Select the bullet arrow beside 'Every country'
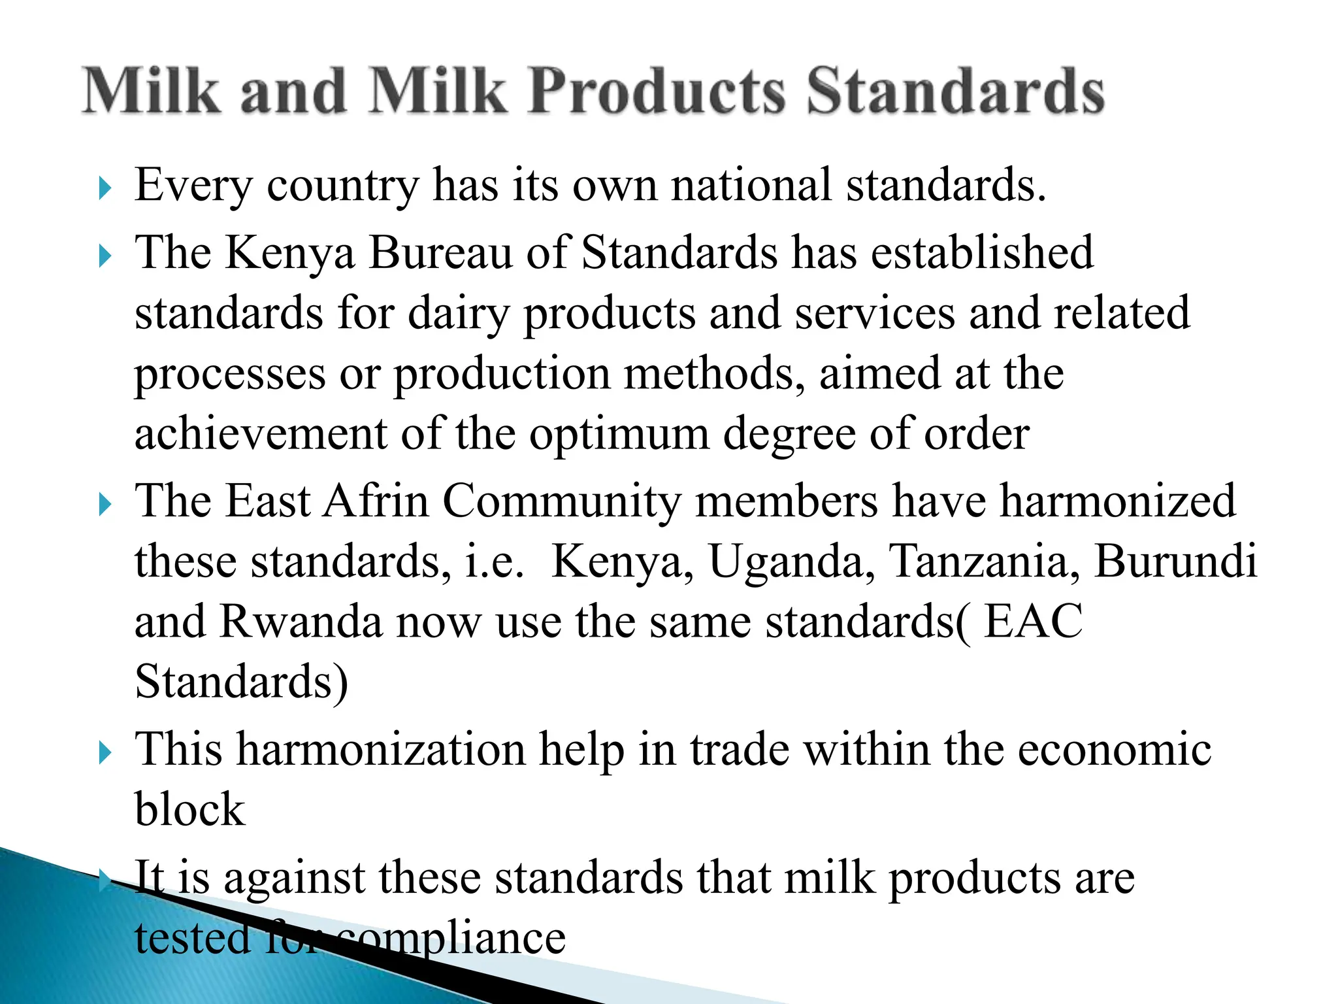[105, 189]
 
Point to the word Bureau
[440, 252]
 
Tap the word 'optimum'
[619, 434]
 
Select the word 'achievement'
[261, 434]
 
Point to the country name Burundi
[1175, 561]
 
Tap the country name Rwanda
[301, 622]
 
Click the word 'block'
[190, 810]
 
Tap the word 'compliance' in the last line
[451, 939]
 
